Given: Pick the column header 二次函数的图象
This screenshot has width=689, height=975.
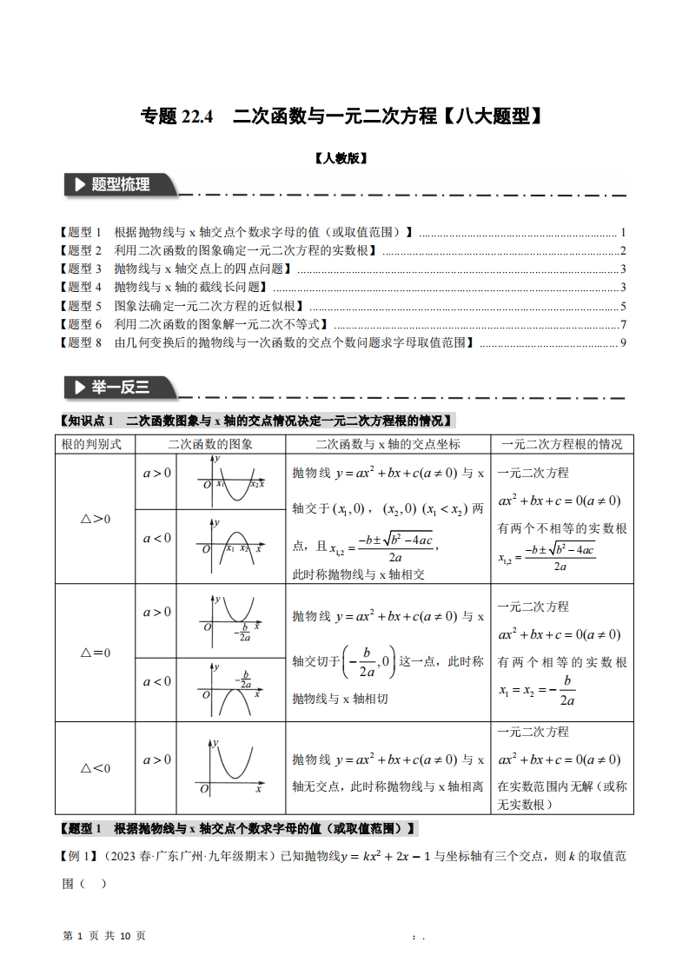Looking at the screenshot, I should pos(210,444).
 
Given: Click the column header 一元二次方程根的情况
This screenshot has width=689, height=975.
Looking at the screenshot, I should pos(562,444).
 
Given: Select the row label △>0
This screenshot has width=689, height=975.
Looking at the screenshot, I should pos(95,519).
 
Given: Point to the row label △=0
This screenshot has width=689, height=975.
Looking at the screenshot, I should pos(95,653).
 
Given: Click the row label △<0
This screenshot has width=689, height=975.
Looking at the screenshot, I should pos(95,768).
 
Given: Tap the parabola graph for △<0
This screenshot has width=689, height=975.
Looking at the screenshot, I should pos(231,767).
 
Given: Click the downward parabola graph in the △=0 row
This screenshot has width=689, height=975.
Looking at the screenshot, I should pos(230,687).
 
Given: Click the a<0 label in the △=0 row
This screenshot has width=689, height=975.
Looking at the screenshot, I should pos(157,681).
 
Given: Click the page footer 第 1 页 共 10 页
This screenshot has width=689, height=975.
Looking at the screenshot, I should pos(105,935).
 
